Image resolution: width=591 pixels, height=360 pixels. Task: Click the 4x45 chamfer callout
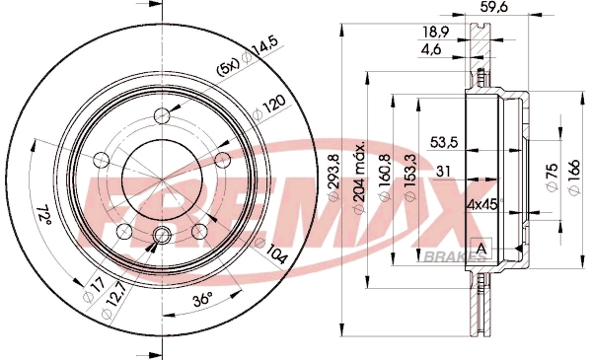pyautogui.click(x=453, y=205)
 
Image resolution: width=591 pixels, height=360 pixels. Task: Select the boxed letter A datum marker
pyautogui.click(x=480, y=248)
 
